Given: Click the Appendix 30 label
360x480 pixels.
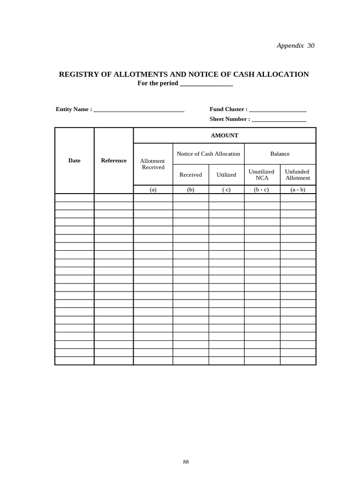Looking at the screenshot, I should pyautogui.click(x=295, y=45).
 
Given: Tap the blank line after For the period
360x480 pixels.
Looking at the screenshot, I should pyautogui.click(x=206, y=83).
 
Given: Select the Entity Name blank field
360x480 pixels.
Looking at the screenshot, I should pyautogui.click(x=139, y=110).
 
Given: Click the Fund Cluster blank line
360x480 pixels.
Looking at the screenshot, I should pyautogui.click(x=277, y=110).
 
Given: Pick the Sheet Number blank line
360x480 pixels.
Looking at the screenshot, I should pyautogui.click(x=279, y=120).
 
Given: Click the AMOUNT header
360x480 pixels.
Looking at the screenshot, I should pyautogui.click(x=225, y=135).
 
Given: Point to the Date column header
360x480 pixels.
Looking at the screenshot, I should pyautogui.click(x=75, y=160).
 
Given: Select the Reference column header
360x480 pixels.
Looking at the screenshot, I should pyautogui.click(x=114, y=160).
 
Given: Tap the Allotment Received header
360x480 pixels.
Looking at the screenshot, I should pyautogui.click(x=153, y=164).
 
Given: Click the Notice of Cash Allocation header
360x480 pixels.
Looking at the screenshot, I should pyautogui.click(x=209, y=154).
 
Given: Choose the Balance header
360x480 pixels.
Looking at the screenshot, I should pyautogui.click(x=280, y=154).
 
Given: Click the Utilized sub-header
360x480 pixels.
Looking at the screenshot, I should pyautogui.click(x=226, y=175).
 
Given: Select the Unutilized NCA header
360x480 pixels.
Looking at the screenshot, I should pyautogui.click(x=262, y=175).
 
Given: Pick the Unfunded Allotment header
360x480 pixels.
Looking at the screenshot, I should pyautogui.click(x=298, y=175).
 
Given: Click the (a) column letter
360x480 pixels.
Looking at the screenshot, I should pyautogui.click(x=153, y=190).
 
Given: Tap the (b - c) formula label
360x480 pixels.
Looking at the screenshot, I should pyautogui.click(x=262, y=190).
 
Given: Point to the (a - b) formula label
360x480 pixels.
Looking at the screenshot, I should pyautogui.click(x=298, y=190).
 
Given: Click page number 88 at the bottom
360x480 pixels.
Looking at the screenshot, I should pyautogui.click(x=186, y=462).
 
